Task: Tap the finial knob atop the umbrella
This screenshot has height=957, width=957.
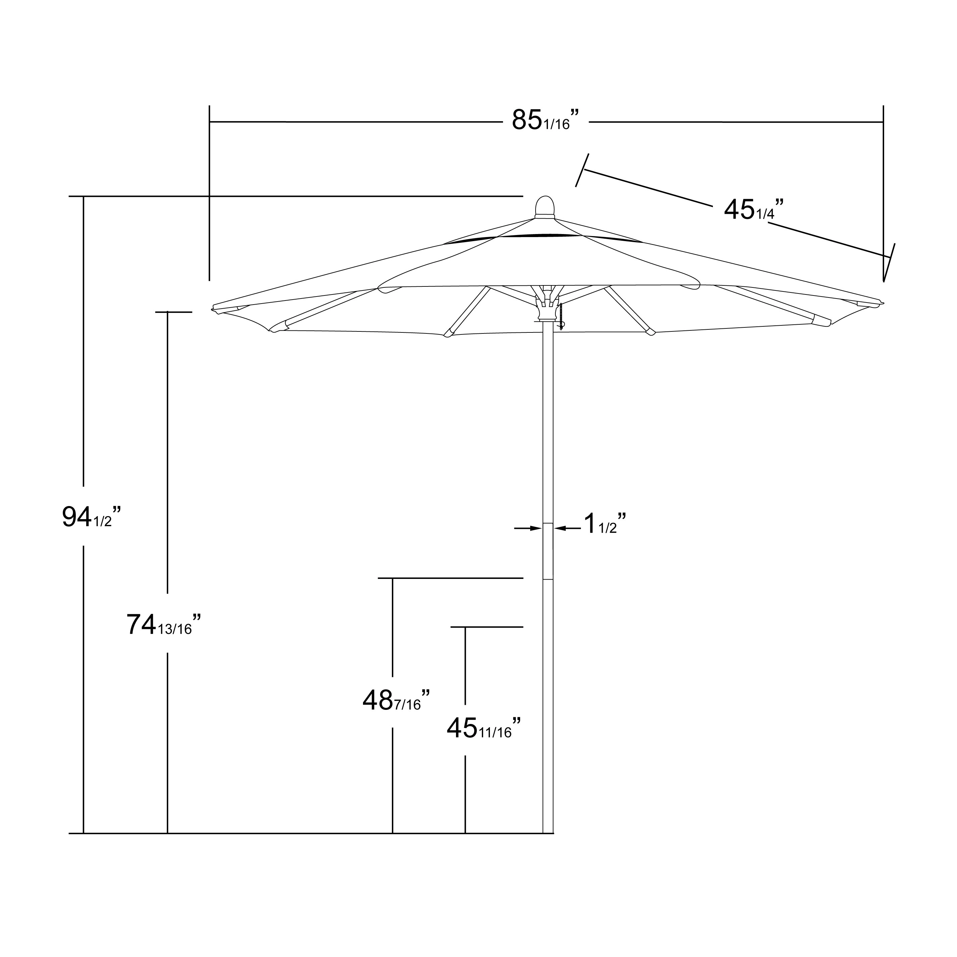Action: [x=545, y=207]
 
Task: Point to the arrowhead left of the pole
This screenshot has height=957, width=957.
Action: [x=536, y=529]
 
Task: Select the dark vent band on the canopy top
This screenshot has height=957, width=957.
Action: [x=545, y=236]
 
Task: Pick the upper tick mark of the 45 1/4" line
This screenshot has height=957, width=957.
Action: [x=583, y=170]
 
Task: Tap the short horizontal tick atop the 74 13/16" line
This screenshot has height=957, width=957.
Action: [x=173, y=312]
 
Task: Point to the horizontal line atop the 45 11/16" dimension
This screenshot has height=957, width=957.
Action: [x=487, y=627]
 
